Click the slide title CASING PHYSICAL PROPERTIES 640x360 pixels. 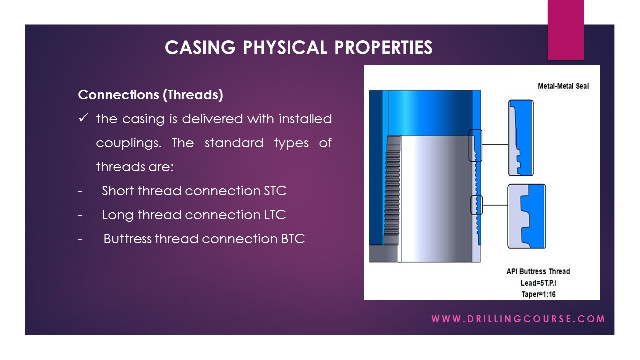click(298, 47)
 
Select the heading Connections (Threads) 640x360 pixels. click(150, 95)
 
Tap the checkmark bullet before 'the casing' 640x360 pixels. click(83, 119)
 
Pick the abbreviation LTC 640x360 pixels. click(274, 215)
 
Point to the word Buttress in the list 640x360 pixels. click(127, 239)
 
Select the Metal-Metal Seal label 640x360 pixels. click(563, 86)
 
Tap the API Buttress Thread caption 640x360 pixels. click(538, 271)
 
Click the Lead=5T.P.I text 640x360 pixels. click(538, 283)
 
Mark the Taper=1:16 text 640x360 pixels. click(538, 294)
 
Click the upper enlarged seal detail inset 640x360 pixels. click(521, 138)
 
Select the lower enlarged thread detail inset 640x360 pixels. click(526, 216)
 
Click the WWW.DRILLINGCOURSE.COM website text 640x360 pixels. click(518, 319)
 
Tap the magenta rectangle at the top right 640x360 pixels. click(565, 30)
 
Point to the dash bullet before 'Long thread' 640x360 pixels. click(80, 215)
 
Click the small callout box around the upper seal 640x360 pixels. click(475, 145)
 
